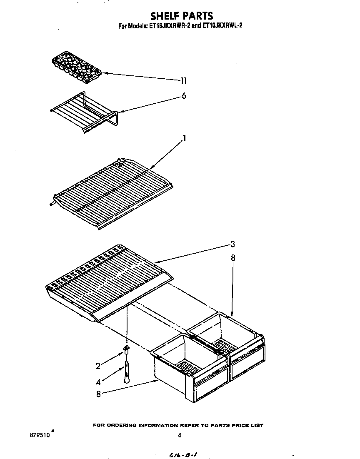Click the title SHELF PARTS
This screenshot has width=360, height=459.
tap(182, 16)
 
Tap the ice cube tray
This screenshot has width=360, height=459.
tap(77, 66)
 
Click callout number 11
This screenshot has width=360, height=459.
tap(183, 81)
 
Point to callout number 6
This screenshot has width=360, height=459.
tap(183, 96)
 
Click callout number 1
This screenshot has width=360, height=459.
tap(184, 138)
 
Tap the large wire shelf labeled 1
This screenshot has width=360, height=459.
tap(112, 192)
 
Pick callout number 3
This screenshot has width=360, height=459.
tap(233, 244)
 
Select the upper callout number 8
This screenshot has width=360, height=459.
tap(233, 258)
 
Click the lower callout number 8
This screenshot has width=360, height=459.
tap(98, 394)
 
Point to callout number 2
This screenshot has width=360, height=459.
tap(98, 366)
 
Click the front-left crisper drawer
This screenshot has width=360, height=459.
tap(190, 367)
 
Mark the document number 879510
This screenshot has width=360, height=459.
tap(40, 435)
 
